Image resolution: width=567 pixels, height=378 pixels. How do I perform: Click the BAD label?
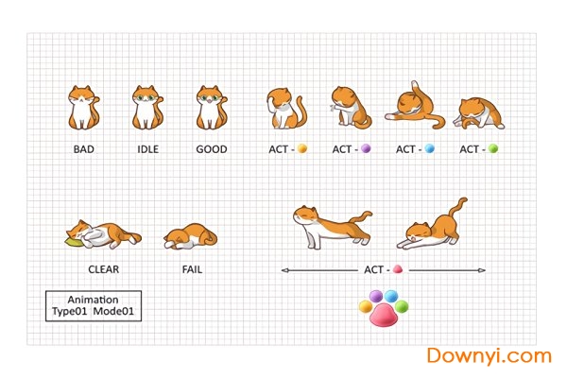point(84,149)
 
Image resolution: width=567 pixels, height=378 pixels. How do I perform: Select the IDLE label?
point(148,149)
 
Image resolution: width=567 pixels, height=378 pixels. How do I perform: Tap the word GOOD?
point(212,149)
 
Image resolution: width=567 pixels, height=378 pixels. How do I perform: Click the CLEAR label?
point(103,269)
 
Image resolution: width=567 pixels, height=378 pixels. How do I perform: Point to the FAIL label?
point(192,269)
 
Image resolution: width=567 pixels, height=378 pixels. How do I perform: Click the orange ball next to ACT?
point(302,148)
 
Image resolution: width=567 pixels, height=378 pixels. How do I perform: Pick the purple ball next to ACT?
point(366,148)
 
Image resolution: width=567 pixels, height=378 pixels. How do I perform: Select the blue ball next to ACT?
point(430,148)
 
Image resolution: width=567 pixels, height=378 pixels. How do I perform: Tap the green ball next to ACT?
point(493,148)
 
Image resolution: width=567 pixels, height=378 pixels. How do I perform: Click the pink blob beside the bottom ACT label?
point(398,269)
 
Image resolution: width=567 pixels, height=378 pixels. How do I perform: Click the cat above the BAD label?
point(83,108)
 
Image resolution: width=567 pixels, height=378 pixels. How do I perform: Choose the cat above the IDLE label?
point(147,108)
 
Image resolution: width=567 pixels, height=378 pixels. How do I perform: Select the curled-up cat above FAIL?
point(191,236)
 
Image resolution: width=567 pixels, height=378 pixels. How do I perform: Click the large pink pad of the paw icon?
point(384,316)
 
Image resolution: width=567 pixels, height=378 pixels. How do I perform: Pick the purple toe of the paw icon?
point(376,296)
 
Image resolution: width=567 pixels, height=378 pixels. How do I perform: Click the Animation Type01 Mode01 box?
point(94,305)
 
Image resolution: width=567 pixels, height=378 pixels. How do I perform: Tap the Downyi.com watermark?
point(490,355)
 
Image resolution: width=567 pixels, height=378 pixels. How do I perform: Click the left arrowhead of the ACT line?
point(285,270)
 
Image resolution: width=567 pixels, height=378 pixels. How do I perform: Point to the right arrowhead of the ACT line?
point(482,270)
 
